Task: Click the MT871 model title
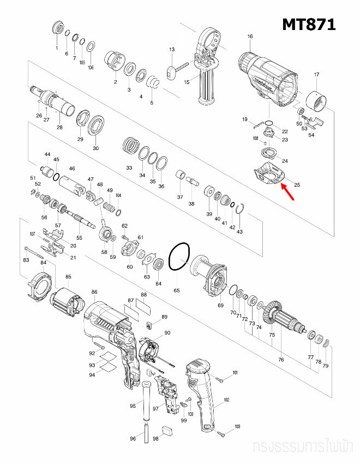[x=308, y=24]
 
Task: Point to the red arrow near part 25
[x=289, y=192]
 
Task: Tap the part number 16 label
[x=250, y=37]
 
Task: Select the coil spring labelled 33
[x=129, y=146]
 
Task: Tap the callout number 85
[x=68, y=277]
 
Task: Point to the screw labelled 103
[x=224, y=433]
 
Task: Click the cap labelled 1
[x=57, y=28]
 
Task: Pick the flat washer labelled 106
[x=91, y=45]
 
